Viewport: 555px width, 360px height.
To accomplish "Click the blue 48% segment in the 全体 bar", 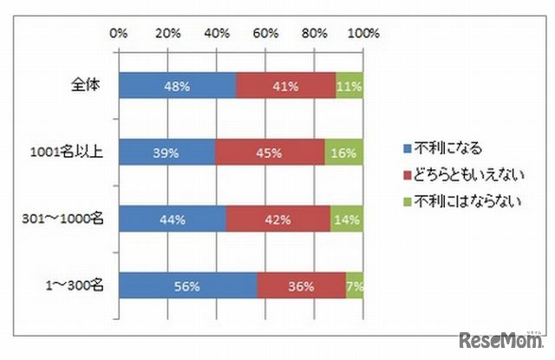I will [177, 86].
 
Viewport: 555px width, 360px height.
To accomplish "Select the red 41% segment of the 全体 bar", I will [285, 86].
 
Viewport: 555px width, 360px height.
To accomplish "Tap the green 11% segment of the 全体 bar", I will [349, 86].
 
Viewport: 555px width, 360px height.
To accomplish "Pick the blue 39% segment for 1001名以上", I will [166, 152].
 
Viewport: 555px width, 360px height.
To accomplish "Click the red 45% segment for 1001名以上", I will [270, 152].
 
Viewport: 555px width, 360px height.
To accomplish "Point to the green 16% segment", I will [343, 152].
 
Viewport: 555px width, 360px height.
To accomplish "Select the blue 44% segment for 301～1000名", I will [173, 219].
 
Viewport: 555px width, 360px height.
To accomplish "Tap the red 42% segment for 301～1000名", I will [278, 219].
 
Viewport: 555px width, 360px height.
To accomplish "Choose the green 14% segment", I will [346, 219].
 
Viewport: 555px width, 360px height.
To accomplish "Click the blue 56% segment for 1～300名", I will [187, 285].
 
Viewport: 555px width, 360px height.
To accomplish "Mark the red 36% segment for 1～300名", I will [301, 285].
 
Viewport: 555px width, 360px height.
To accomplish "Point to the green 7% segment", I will [355, 285].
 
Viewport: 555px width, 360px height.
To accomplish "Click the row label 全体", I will [87, 86].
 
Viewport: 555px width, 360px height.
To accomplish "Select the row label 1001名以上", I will [67, 152].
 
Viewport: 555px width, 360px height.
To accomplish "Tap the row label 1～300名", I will [75, 285].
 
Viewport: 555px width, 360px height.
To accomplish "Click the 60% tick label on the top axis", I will [266, 34].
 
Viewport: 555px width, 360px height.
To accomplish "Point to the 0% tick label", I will [120, 34].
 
